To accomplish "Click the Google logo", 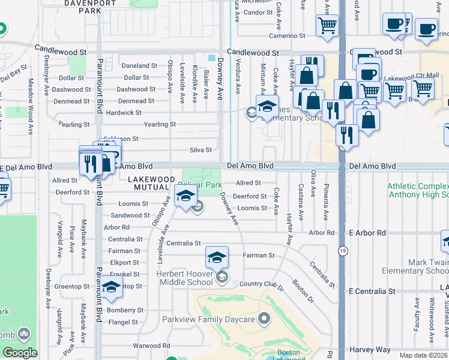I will tap(20, 353).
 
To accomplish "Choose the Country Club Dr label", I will tap(261, 286).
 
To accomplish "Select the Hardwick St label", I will tap(124, 113).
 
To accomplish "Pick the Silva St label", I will tap(200, 150).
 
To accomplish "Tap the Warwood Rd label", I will tap(151, 346).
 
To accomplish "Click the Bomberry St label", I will tap(125, 311).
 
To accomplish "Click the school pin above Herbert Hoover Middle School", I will tap(217, 258).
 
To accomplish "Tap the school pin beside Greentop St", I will tap(111, 288).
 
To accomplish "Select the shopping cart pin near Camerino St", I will tap(327, 25).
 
